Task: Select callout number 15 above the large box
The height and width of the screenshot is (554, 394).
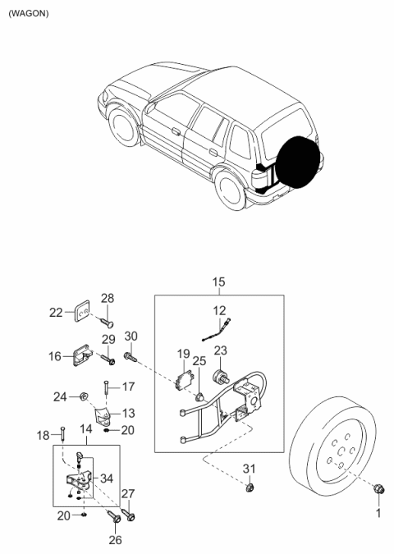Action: [x=218, y=284]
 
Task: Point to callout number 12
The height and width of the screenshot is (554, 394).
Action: [x=218, y=310]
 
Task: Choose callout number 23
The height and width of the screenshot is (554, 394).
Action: [x=220, y=349]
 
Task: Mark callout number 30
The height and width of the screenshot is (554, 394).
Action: [x=131, y=336]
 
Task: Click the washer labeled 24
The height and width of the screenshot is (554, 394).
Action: [x=84, y=397]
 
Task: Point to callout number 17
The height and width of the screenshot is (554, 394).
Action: [x=127, y=387]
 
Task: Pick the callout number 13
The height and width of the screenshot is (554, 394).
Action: [x=129, y=413]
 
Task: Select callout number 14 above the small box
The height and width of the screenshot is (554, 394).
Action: [x=86, y=429]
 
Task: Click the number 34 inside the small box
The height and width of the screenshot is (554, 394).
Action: [x=108, y=478]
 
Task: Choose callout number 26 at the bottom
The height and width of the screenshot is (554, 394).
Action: [x=115, y=541]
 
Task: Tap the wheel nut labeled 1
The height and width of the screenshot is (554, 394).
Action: [x=378, y=490]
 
